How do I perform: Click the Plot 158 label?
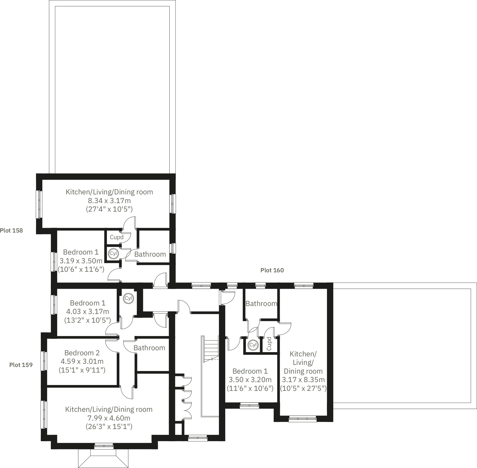coord(11,230)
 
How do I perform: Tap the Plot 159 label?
coord(21,365)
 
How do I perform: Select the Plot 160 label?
coord(272,270)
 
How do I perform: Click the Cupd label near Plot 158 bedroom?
coord(117,237)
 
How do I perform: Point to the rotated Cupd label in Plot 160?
coord(269,344)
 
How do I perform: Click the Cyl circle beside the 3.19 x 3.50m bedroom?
coord(113,253)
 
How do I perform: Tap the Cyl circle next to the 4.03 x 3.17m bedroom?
coord(128,298)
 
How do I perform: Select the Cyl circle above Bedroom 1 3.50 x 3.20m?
coord(253,345)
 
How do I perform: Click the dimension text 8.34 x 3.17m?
coord(109,200)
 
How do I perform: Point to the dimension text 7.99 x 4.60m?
coord(109,418)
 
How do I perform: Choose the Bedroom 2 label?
coord(82,353)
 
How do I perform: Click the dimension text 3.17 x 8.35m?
coord(303,380)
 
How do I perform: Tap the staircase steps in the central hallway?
coord(211,347)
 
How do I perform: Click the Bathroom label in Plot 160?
coord(261,304)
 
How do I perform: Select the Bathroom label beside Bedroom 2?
coord(149,348)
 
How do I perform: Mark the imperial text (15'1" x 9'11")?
coord(82,370)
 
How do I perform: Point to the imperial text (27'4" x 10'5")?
coord(109,209)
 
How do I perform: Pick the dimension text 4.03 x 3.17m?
coord(88,312)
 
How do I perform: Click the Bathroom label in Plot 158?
coord(150,254)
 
